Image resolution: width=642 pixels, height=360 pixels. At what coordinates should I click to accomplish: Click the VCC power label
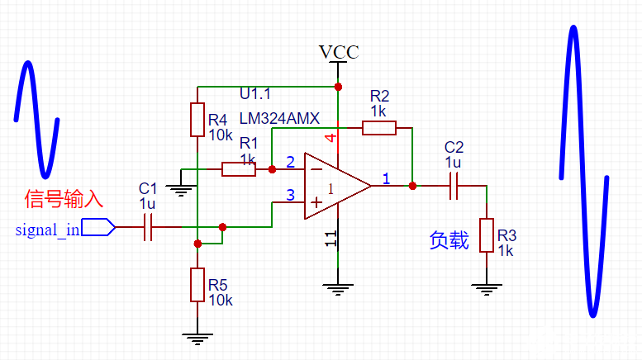coord(339,52)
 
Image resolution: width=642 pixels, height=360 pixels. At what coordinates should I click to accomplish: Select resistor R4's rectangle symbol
coord(197,120)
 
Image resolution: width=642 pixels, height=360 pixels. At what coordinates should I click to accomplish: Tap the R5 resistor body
coord(197,284)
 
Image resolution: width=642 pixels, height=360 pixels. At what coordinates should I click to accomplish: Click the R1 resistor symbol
coord(239,169)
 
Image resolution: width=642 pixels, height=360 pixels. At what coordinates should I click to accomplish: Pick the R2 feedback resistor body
coord(378,127)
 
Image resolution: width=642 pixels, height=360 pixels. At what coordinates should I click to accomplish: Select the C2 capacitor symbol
coord(454,187)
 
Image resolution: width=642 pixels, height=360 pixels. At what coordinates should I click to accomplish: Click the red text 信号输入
coord(64,198)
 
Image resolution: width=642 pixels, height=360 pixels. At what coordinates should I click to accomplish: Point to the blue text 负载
coord(449,239)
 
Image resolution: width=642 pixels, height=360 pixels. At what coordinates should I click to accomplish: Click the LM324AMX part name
coord(279,118)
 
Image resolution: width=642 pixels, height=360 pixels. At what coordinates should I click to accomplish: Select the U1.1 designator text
coord(255,92)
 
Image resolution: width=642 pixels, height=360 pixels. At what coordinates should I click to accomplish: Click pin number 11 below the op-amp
coord(331,239)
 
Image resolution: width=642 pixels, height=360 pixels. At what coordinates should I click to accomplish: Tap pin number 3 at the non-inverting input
coord(289,195)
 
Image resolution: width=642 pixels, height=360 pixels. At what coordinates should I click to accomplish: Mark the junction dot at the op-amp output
coord(412,187)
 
